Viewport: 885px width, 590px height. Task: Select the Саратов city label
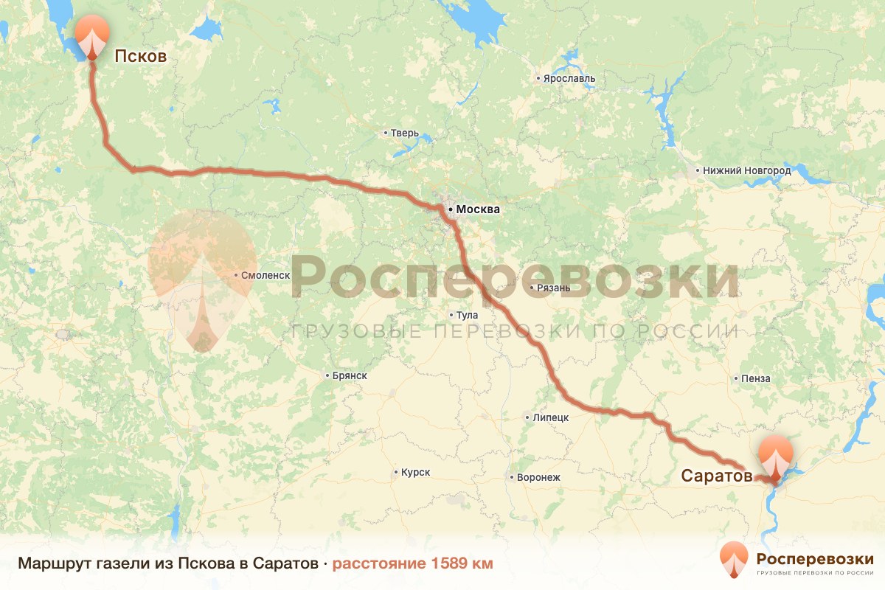pyautogui.click(x=716, y=476)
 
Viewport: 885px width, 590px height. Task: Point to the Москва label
pyautogui.click(x=478, y=209)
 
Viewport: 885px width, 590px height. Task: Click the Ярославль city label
pyautogui.click(x=569, y=79)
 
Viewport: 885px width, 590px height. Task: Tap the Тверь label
pyautogui.click(x=405, y=133)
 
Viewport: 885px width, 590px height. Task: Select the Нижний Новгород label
pyautogui.click(x=746, y=171)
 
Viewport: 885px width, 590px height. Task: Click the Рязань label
pyautogui.click(x=553, y=288)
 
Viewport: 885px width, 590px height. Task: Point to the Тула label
pyautogui.click(x=468, y=315)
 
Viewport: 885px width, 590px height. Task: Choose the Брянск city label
pyautogui.click(x=350, y=376)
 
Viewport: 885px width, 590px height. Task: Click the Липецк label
pyautogui.click(x=550, y=417)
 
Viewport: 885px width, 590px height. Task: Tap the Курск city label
pyautogui.click(x=415, y=472)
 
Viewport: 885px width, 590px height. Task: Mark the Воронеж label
pyautogui.click(x=538, y=477)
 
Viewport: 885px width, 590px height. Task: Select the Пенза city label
pyautogui.click(x=756, y=378)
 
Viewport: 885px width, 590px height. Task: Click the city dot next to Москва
pyautogui.click(x=451, y=209)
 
